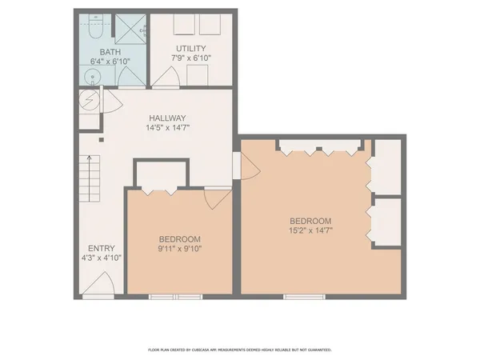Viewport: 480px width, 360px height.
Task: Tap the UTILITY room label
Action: click(191, 48)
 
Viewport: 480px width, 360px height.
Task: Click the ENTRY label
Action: click(102, 247)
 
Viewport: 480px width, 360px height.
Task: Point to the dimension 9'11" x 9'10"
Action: click(179, 249)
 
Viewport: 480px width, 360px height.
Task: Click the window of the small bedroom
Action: click(175, 298)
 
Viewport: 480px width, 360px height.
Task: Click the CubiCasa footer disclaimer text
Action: click(240, 350)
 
